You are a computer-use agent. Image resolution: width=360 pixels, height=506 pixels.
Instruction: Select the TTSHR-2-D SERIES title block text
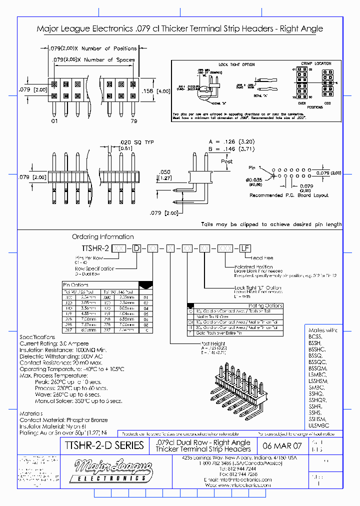click(x=104, y=445)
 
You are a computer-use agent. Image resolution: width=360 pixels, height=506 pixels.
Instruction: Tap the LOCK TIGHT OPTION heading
click(x=236, y=64)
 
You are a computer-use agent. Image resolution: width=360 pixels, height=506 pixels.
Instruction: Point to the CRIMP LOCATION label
click(x=316, y=63)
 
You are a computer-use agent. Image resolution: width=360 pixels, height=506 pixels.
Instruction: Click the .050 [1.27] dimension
click(x=165, y=174)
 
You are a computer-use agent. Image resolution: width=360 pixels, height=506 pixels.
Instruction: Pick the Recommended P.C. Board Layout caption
click(x=289, y=195)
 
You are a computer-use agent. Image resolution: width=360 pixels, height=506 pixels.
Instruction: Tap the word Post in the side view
click(x=227, y=161)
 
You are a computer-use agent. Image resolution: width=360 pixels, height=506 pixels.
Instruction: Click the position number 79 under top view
click(x=133, y=121)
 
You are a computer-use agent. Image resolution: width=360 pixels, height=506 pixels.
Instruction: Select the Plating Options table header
click(x=265, y=305)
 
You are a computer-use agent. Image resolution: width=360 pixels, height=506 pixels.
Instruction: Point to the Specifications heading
click(x=37, y=337)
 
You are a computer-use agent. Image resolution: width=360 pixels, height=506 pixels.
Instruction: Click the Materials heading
click(x=31, y=413)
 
